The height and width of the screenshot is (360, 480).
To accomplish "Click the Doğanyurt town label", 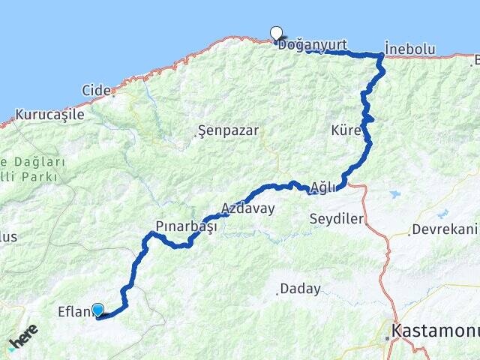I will pos(312,46).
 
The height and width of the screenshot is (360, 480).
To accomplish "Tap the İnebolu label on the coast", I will pos(409,49).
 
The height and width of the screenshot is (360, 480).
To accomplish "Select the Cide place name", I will pos(95,90).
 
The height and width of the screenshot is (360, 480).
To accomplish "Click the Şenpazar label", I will pos(229,130).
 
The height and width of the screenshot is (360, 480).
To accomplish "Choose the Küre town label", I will pos(346,130).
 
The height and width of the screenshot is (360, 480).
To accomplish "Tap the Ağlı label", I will pos(323,187).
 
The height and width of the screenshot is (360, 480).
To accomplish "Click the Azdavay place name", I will pos(247,208).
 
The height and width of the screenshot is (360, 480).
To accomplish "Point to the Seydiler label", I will pos(337,219).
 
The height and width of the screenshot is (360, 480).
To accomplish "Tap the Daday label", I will pos(300,289).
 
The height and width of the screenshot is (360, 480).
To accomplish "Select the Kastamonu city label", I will pos(436,330).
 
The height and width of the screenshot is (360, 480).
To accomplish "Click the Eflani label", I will pos(74,311).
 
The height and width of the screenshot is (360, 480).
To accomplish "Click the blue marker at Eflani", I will pos(97,309).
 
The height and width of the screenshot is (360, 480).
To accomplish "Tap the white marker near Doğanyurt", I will pos(276,33).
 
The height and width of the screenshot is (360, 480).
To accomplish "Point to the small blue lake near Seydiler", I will pos(394,195).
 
